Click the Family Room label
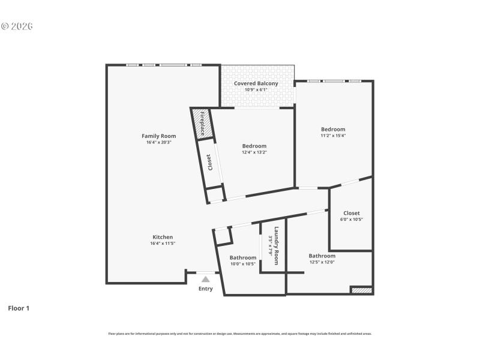click(158, 136)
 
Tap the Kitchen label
click(163, 237)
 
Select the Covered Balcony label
click(256, 83)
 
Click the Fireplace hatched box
click(202, 123)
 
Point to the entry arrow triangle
click(206, 279)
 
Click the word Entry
click(206, 289)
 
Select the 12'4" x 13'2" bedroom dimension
click(254, 152)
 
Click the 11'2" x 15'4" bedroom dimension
click(333, 136)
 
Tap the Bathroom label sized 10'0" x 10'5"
click(243, 257)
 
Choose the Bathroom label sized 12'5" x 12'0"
click(322, 256)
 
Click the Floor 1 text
click(19, 308)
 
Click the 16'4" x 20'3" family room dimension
click(158, 142)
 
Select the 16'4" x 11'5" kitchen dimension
click(163, 244)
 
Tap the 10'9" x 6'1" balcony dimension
click(256, 89)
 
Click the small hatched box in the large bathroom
click(362, 290)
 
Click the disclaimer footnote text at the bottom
click(240, 334)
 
